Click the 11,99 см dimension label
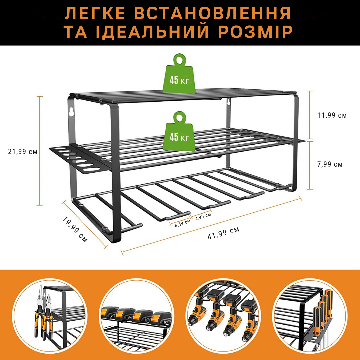(332, 116)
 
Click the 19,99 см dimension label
(75, 229)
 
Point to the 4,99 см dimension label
(203, 215)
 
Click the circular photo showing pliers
(49, 315)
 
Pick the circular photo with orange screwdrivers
(310, 315)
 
